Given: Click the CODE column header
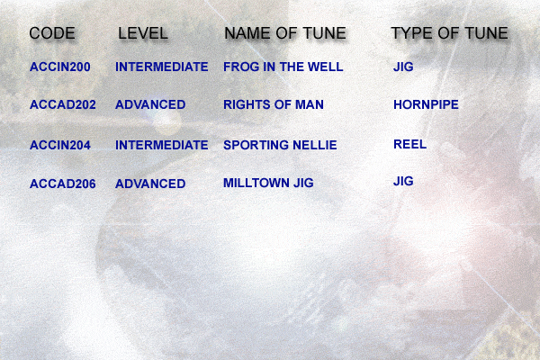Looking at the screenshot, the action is [52, 33].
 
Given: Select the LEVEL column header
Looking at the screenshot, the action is [143, 33].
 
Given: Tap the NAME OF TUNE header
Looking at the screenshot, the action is [285, 33].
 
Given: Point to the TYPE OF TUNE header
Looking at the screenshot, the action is [449, 33].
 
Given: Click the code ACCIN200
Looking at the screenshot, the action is [60, 67].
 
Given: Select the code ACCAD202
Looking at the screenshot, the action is [63, 104].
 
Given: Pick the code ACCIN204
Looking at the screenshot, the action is [60, 145].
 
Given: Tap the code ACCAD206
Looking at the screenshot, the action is [63, 184].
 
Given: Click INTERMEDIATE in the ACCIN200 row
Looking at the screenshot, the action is [162, 67].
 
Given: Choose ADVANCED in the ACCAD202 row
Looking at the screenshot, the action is [150, 104].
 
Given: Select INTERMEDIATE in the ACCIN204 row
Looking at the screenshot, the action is [162, 145].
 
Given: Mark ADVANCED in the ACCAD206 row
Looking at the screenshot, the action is [150, 184].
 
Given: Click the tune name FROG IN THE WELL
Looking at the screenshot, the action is [283, 67].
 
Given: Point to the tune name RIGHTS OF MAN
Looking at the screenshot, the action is [274, 104].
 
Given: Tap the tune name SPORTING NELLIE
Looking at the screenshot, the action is [280, 145].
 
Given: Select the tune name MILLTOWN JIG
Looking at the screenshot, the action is [268, 183].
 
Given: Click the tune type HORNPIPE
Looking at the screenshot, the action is [426, 104].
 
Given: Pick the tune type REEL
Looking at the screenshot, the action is [410, 144].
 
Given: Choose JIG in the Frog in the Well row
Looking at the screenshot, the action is [403, 67].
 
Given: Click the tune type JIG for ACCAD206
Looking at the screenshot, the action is [403, 181].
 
